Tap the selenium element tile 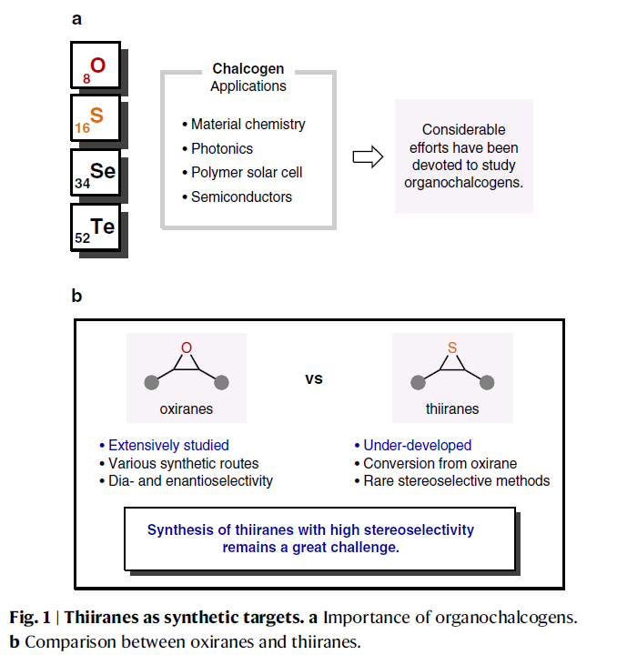pyautogui.click(x=94, y=173)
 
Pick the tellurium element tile pyautogui.click(x=94, y=227)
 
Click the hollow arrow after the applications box pyautogui.click(x=365, y=156)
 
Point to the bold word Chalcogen pyautogui.click(x=248, y=69)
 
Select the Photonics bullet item pyautogui.click(x=221, y=148)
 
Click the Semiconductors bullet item pyautogui.click(x=241, y=196)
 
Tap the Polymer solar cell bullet pyautogui.click(x=246, y=172)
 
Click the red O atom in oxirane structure pyautogui.click(x=187, y=348)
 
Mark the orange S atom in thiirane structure pyautogui.click(x=452, y=348)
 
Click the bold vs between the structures pyautogui.click(x=313, y=378)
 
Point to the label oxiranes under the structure pyautogui.click(x=186, y=408)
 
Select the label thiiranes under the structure pyautogui.click(x=452, y=408)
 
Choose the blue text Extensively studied pyautogui.click(x=168, y=446)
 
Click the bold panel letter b pyautogui.click(x=76, y=296)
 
